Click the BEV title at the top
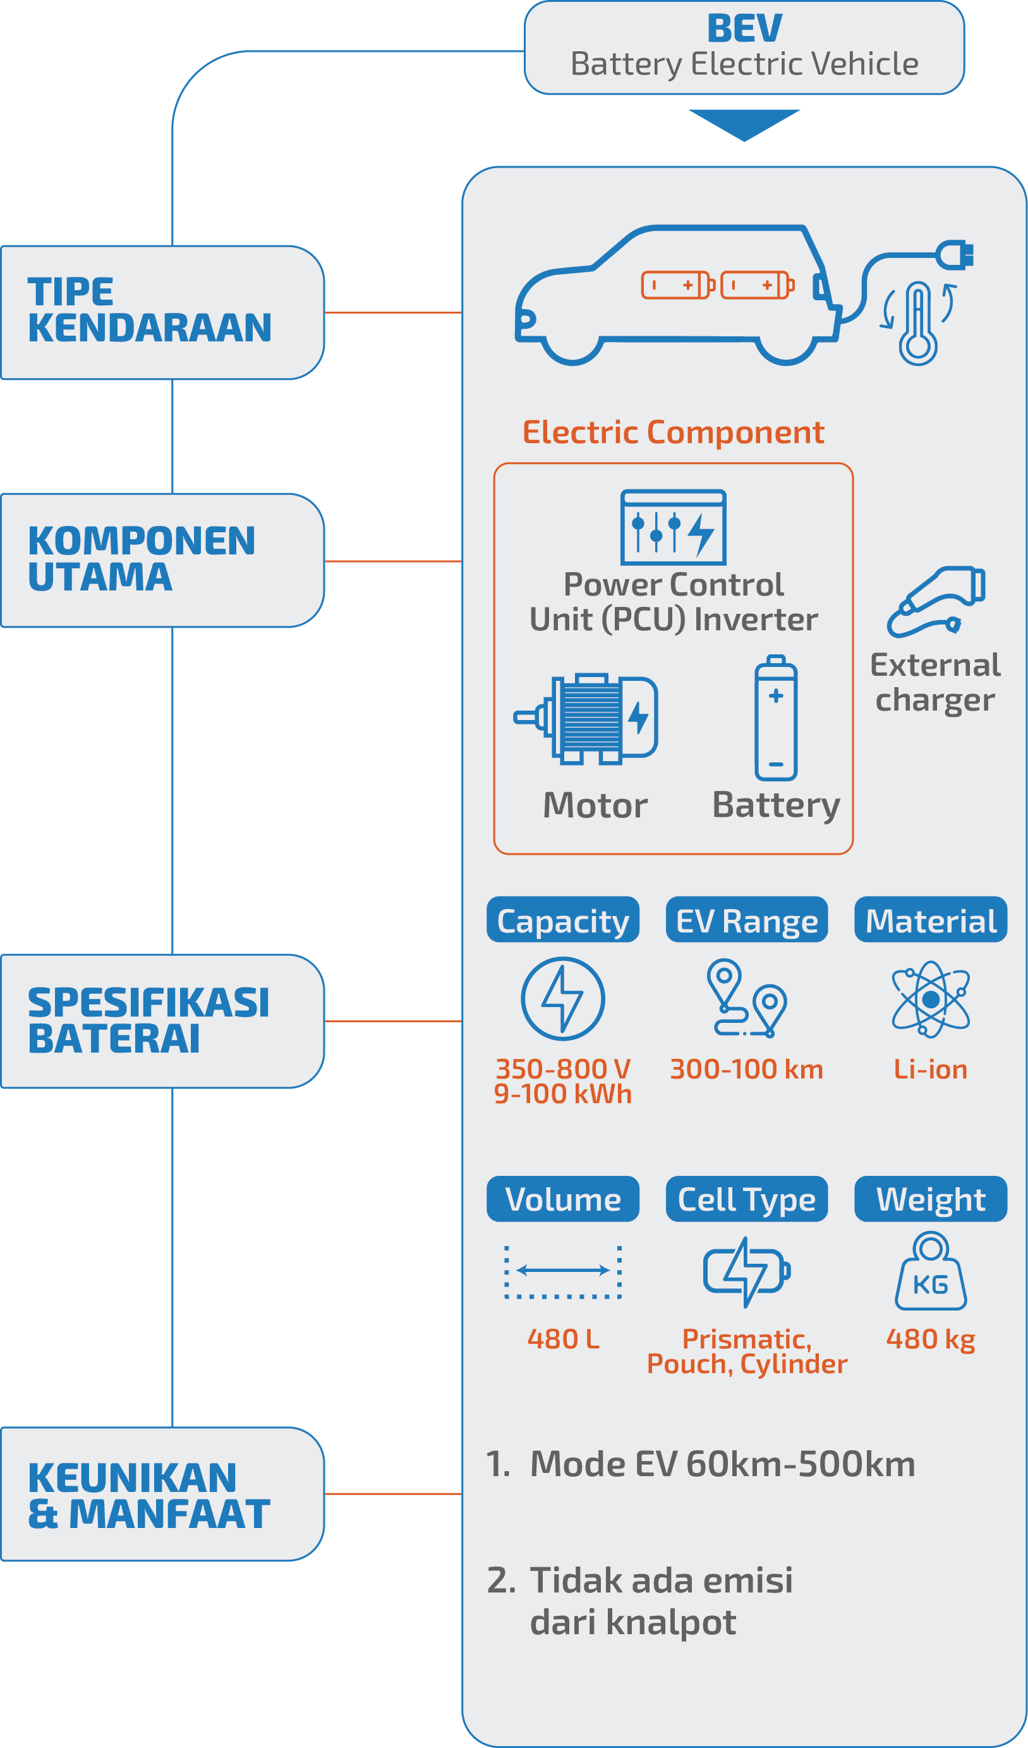[x=744, y=29]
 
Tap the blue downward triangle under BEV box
[x=744, y=123]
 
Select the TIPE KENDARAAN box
[x=162, y=312]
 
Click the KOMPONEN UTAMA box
[x=162, y=559]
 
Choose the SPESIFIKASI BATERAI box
[x=162, y=1020]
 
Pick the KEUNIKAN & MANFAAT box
[x=162, y=1493]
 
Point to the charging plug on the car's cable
[x=955, y=255]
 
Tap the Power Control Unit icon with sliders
[x=673, y=527]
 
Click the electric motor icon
[x=586, y=719]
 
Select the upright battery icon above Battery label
[x=776, y=718]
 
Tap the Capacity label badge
[x=562, y=920]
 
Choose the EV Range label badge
[x=747, y=920]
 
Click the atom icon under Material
[x=930, y=999]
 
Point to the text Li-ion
[x=930, y=1069]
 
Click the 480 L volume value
[x=563, y=1339]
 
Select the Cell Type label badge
[x=747, y=1199]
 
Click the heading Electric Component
[x=673, y=432]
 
